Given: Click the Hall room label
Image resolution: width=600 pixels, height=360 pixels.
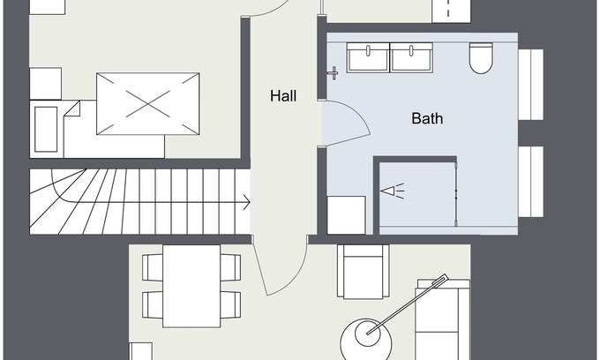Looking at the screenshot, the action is coord(283,95).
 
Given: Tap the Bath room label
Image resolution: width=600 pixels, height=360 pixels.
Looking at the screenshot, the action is coord(427,118).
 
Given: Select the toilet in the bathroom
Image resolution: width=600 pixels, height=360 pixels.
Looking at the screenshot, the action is coord(481,57).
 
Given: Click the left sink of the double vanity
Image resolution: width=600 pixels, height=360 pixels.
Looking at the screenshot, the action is coord(368,57).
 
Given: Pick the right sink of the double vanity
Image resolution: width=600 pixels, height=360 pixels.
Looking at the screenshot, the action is coord(411,57).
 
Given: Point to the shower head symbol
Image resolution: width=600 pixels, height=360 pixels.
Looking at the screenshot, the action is coord(393,191).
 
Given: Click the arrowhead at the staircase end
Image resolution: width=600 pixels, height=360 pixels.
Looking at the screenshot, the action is coord(247,202).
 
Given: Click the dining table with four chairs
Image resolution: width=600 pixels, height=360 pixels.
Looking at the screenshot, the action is coord(191,286).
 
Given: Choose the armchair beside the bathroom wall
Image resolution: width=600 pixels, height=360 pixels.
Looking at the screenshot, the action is coord(364,271).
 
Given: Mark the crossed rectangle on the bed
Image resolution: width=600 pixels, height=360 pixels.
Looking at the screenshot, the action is coord(147,104).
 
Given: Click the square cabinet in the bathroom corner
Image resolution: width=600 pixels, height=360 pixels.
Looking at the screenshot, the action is coord(346,215).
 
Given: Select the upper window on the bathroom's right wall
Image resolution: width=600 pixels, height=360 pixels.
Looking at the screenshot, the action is coord(531,85).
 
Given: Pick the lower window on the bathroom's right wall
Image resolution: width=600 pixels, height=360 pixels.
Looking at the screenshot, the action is coord(531,182).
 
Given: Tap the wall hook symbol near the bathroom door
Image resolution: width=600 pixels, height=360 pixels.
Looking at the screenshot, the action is coord(334,72).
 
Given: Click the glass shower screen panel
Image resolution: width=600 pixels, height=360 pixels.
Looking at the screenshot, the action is coord(456,194).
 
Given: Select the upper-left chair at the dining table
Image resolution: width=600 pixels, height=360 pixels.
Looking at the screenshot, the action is coord(153,267).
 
